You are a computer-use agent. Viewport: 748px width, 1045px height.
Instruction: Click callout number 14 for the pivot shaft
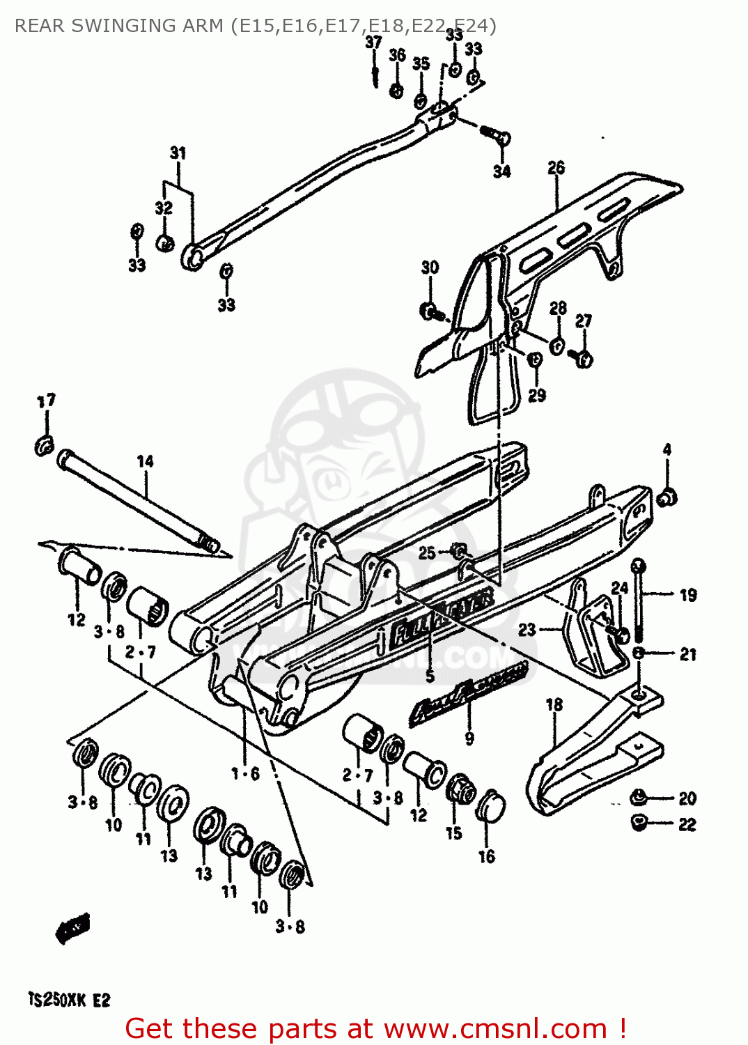145,461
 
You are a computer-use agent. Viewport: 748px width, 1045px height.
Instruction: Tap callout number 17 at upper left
46,401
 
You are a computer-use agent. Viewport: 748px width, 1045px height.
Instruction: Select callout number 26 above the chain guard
556,167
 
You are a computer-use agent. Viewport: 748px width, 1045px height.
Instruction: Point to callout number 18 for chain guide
554,704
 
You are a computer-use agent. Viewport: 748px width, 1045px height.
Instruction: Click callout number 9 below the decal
469,738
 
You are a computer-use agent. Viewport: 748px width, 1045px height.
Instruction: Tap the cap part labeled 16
490,806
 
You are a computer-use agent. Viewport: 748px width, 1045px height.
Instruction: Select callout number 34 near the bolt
501,171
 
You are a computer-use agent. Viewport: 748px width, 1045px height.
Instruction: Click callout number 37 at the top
374,42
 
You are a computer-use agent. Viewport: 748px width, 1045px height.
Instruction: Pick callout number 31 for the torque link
178,153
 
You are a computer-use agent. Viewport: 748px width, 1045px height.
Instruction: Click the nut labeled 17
44,444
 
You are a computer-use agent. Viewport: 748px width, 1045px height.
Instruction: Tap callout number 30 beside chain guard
430,268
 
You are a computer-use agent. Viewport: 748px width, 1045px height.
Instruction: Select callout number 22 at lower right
687,824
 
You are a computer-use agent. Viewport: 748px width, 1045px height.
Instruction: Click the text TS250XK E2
69,1000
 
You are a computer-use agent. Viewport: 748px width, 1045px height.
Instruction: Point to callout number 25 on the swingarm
427,553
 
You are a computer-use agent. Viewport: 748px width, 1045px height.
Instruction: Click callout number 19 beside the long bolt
688,595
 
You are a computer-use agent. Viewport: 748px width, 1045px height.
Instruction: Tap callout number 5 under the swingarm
430,676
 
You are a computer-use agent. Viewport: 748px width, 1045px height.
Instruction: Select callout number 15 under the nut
453,833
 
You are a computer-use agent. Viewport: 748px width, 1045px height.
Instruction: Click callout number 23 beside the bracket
527,630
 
